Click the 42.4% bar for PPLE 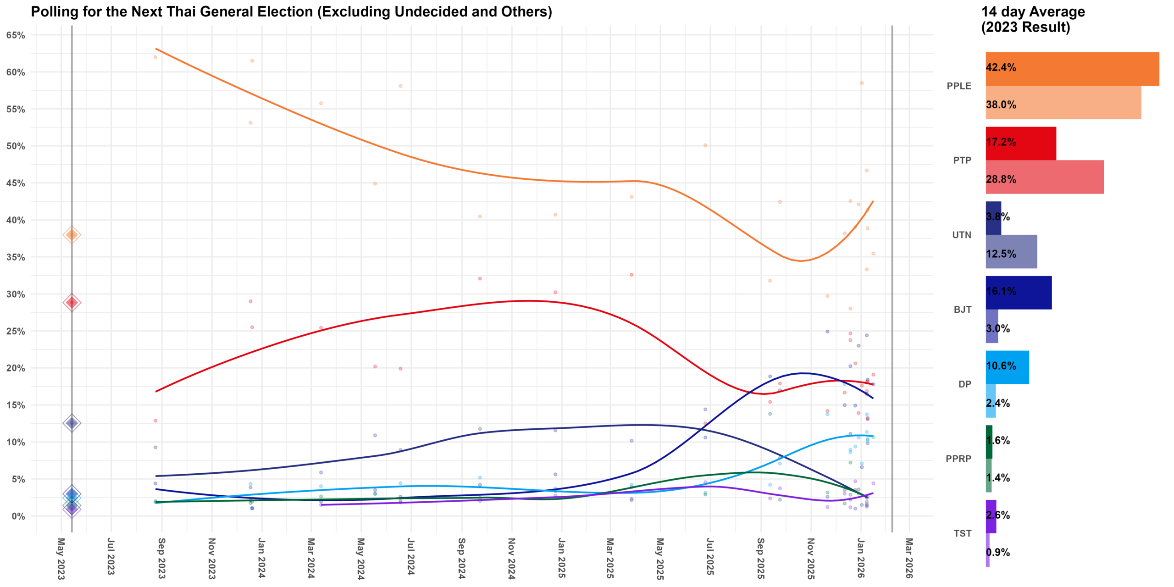[1072, 69]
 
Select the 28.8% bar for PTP [1044, 177]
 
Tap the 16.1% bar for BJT [1018, 293]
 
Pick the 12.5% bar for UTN [1011, 252]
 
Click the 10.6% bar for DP [1007, 367]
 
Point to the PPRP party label [958, 459]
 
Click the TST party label [962, 533]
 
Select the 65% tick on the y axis [16, 35]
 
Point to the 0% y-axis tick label [18, 516]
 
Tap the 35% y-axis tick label [16, 257]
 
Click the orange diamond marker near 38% [72, 235]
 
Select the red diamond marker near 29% [72, 302]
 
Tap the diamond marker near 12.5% [72, 423]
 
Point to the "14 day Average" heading [1033, 12]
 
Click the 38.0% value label [1001, 105]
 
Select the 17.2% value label [1001, 142]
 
